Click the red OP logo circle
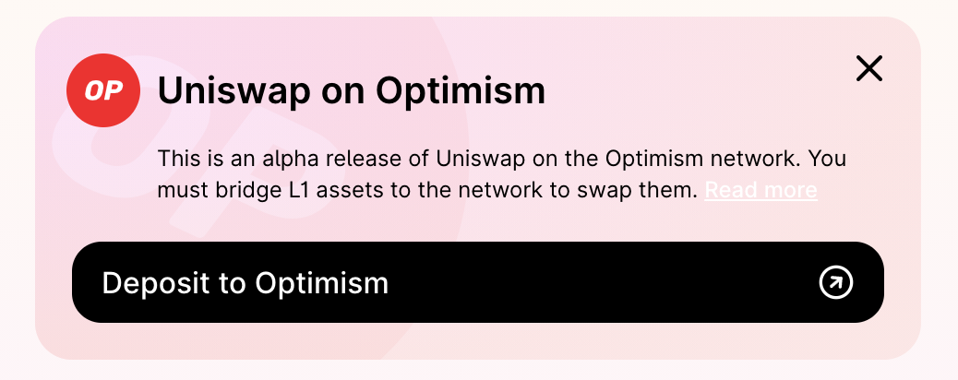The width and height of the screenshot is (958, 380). point(102,90)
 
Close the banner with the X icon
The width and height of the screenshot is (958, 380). point(869,68)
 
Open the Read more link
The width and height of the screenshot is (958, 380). point(760,191)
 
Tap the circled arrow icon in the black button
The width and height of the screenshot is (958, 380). point(836,282)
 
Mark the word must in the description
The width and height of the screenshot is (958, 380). point(182,191)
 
